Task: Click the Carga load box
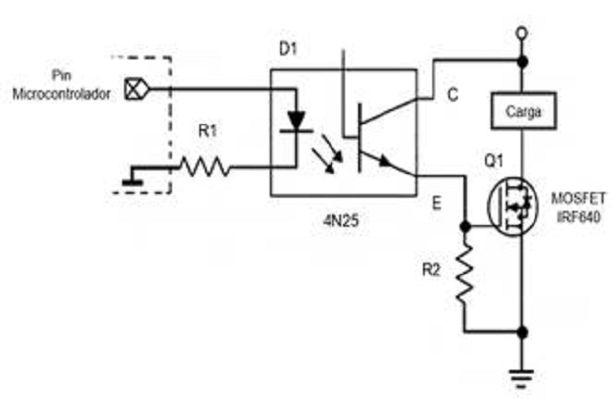[522, 112]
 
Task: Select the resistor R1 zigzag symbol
[204, 168]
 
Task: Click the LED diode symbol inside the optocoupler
[297, 120]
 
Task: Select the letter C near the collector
[453, 94]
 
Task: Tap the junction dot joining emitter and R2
[465, 227]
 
